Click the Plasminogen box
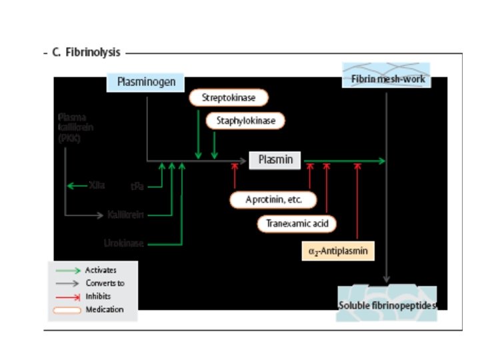click(x=146, y=82)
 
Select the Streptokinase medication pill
click(x=229, y=97)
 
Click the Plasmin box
click(x=275, y=160)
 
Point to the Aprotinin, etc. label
click(x=273, y=199)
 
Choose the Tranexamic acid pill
click(x=297, y=223)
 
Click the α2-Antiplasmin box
click(x=337, y=251)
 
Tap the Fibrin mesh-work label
click(x=387, y=79)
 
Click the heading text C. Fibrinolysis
click(x=86, y=53)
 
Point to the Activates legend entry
click(x=100, y=270)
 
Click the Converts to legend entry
click(x=105, y=283)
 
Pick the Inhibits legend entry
click(x=98, y=296)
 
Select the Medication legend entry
click(x=104, y=309)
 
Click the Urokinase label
click(x=123, y=243)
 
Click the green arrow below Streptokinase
click(x=199, y=133)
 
